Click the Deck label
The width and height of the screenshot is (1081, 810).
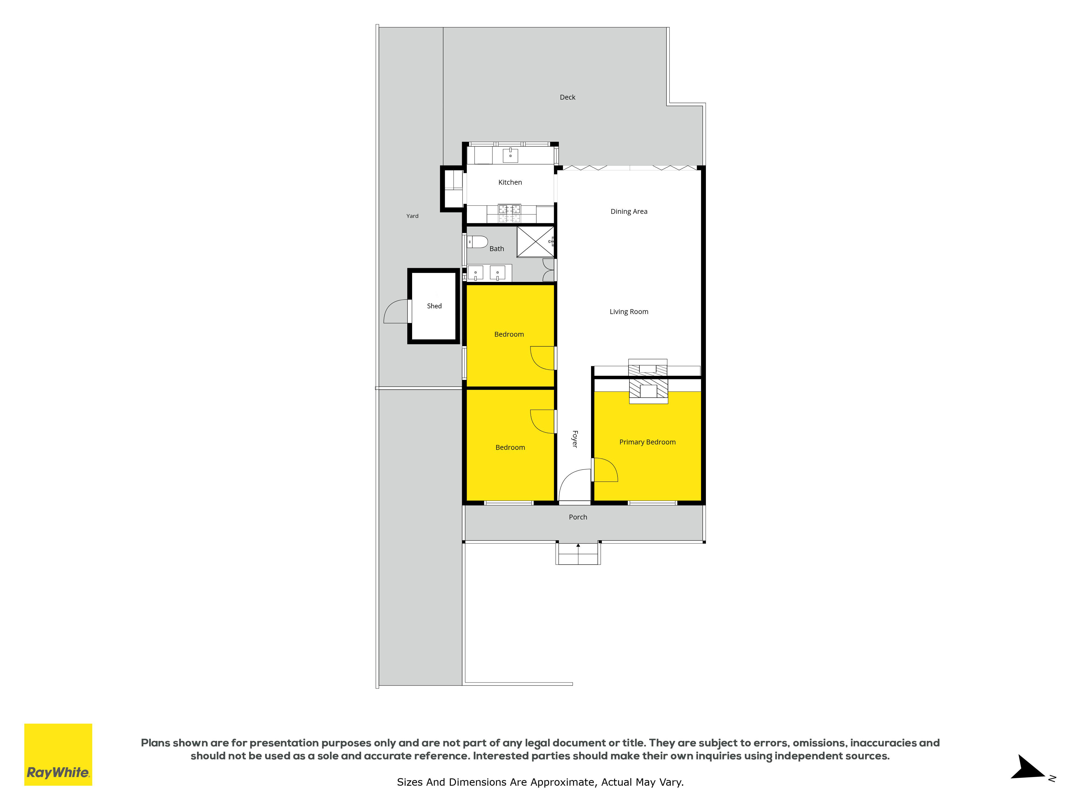pos(567,97)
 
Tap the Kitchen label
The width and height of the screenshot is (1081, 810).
pos(510,182)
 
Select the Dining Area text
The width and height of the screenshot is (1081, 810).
pos(629,211)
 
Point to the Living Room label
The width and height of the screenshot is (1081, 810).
pos(629,312)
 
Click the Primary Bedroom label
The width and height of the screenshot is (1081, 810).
pos(648,442)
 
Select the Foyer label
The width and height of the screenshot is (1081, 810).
pos(575,439)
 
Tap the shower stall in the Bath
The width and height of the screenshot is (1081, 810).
pos(536,242)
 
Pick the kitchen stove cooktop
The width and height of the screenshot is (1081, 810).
pos(509,213)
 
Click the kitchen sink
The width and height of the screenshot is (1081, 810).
pos(510,155)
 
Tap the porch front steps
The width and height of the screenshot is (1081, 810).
pos(578,554)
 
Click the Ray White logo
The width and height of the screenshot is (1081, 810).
pos(58,754)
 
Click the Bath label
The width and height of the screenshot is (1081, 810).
pos(496,248)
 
